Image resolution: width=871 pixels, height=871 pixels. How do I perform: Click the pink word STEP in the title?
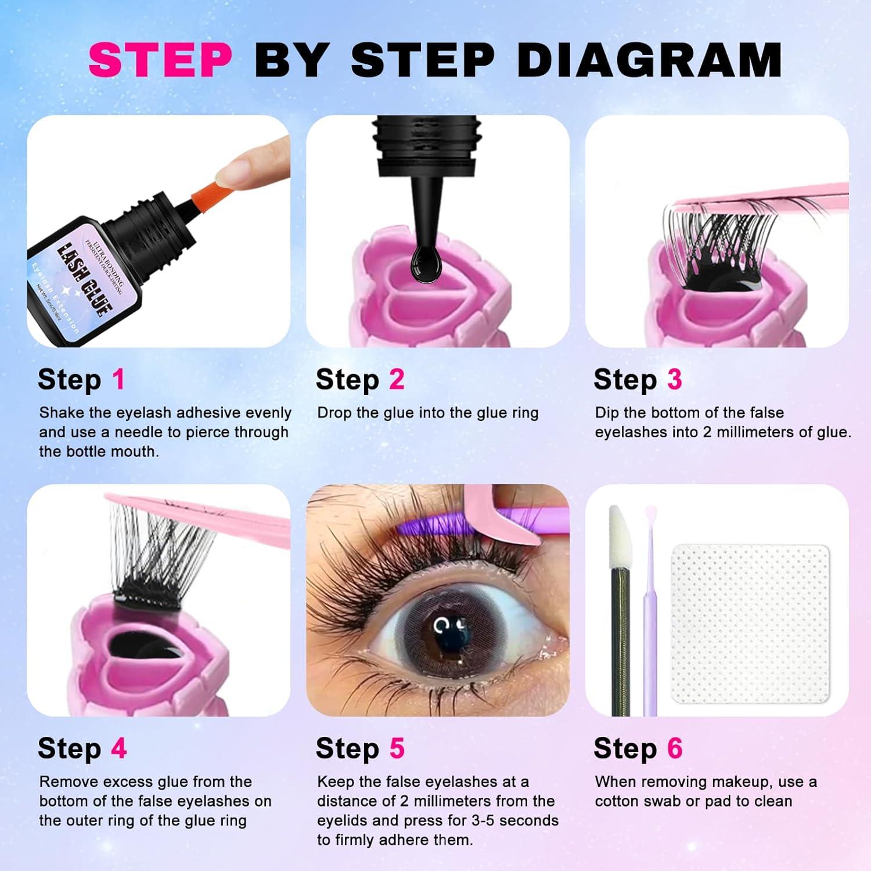(x=160, y=60)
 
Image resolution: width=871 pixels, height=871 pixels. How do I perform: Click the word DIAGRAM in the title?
(x=649, y=60)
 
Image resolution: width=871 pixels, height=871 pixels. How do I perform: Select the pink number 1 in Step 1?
(x=118, y=380)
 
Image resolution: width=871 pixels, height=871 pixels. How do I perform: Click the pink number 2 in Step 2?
(x=397, y=380)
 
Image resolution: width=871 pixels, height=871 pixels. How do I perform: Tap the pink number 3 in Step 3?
(x=674, y=380)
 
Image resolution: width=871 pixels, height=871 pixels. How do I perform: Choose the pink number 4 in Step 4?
(x=118, y=748)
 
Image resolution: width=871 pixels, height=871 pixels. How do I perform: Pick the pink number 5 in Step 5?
(x=397, y=748)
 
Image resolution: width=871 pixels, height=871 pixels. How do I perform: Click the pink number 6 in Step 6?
(x=674, y=748)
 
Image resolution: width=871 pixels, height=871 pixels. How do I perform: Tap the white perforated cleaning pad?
(x=750, y=624)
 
